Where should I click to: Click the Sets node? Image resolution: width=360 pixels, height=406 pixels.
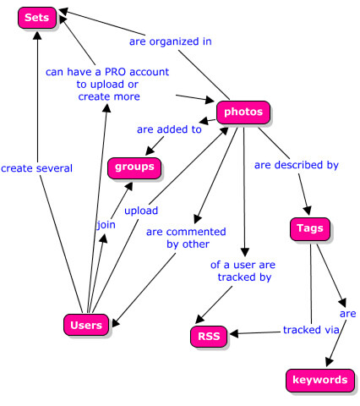click(x=37, y=18)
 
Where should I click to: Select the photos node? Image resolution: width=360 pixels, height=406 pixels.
click(x=243, y=112)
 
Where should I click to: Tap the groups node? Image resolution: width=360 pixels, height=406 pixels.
click(x=134, y=168)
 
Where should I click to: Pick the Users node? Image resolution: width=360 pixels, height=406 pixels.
click(x=86, y=325)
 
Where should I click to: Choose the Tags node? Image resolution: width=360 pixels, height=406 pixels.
click(x=310, y=228)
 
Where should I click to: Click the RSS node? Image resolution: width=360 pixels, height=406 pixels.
click(x=209, y=337)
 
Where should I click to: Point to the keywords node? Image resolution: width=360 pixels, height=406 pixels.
click(x=320, y=380)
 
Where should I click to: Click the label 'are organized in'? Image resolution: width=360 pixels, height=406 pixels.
click(x=171, y=41)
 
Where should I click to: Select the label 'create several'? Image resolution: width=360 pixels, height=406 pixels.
click(x=36, y=168)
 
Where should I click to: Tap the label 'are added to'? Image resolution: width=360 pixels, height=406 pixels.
click(x=169, y=129)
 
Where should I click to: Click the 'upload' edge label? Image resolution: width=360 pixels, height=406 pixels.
click(x=141, y=211)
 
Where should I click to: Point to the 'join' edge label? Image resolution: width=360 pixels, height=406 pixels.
click(x=106, y=225)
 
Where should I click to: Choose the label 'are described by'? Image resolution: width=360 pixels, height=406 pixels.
click(x=297, y=165)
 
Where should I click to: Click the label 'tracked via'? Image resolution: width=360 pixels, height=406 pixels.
click(x=311, y=330)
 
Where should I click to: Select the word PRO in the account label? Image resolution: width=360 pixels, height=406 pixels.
click(x=114, y=72)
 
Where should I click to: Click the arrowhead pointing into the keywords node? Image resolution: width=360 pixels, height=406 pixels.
click(x=329, y=362)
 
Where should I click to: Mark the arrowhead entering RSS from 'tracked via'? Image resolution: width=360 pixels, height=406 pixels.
click(x=234, y=334)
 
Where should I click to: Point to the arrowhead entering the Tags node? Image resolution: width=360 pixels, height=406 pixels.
click(x=308, y=211)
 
